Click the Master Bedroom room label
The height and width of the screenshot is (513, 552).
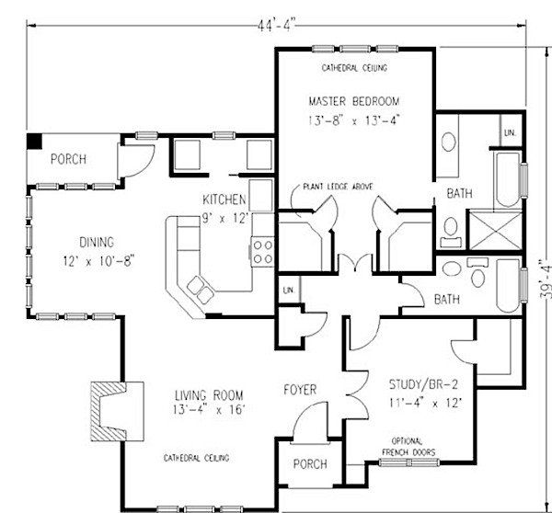pyautogui.click(x=354, y=101)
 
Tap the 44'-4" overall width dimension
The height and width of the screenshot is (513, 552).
pyautogui.click(x=276, y=26)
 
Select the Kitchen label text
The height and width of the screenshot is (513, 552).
pyautogui.click(x=224, y=199)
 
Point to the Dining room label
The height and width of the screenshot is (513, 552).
pyautogui.click(x=97, y=242)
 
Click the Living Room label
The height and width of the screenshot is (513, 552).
pyautogui.click(x=209, y=395)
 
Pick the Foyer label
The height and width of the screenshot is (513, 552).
pyautogui.click(x=300, y=390)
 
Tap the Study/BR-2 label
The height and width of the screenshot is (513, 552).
pyautogui.click(x=423, y=384)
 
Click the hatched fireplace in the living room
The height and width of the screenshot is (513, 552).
pyautogui.click(x=109, y=411)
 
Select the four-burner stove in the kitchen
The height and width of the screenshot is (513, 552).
pyautogui.click(x=262, y=252)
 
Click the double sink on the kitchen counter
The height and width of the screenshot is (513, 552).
pyautogui.click(x=200, y=290)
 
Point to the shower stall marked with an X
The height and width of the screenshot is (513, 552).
pyautogui.click(x=495, y=230)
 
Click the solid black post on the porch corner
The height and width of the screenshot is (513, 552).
pyautogui.click(x=35, y=141)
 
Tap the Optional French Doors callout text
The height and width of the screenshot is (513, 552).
pyautogui.click(x=408, y=447)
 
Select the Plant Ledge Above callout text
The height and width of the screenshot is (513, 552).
pyautogui.click(x=338, y=187)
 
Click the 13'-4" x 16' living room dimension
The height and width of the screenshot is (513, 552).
pyautogui.click(x=209, y=410)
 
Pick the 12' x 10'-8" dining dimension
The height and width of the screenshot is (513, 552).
pyautogui.click(x=99, y=261)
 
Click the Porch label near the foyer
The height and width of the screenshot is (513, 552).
pyautogui.click(x=310, y=463)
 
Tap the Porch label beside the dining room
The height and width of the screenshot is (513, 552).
pyautogui.click(x=68, y=159)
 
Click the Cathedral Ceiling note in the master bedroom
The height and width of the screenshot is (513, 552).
pyautogui.click(x=354, y=67)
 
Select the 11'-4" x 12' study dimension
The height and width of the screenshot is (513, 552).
pyautogui.click(x=425, y=402)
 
